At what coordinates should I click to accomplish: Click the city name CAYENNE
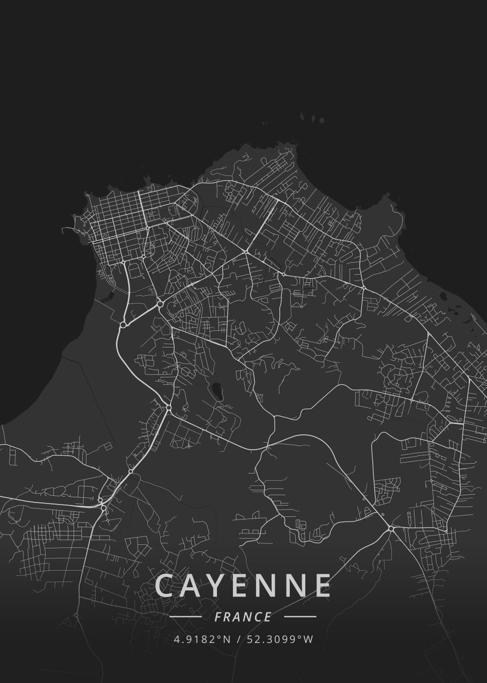[243, 585]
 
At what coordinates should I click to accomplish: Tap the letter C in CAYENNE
[165, 585]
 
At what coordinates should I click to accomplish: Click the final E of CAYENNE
[322, 585]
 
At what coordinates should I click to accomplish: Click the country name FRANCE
[243, 617]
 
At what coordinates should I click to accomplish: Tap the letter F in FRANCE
[219, 617]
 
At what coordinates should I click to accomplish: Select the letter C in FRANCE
[258, 617]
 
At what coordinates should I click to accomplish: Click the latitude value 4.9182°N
[202, 639]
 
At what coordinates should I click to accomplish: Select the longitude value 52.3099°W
[280, 639]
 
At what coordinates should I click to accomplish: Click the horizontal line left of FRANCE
[185, 616]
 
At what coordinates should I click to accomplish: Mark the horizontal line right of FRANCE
[300, 616]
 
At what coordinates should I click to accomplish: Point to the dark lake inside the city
[217, 391]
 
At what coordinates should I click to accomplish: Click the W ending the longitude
[309, 639]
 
